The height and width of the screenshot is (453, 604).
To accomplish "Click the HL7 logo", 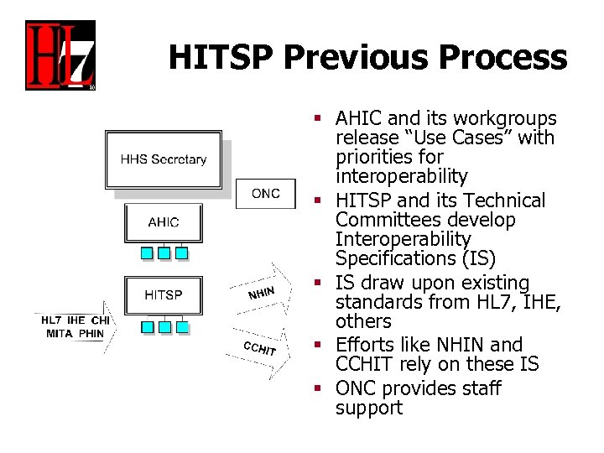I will coord(60,55).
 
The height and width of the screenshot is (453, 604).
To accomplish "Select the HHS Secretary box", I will coord(164,159).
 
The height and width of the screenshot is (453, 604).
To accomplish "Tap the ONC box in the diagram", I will coord(265,194).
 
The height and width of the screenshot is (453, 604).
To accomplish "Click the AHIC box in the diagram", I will coord(163,222).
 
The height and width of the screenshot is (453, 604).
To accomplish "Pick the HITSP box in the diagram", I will coord(163,294).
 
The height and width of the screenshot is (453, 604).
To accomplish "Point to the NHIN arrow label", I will coord(262,293).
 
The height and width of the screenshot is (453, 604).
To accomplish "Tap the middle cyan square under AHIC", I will coord(164,253).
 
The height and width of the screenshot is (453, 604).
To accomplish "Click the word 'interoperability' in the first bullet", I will coord(401,176).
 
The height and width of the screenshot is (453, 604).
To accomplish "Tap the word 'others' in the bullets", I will coord(363,321).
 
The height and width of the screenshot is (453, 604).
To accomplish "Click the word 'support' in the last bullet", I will coord(369,409).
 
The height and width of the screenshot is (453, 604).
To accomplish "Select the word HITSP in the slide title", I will coord(221,57).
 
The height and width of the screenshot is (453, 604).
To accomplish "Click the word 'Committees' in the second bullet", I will coord(383,220).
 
